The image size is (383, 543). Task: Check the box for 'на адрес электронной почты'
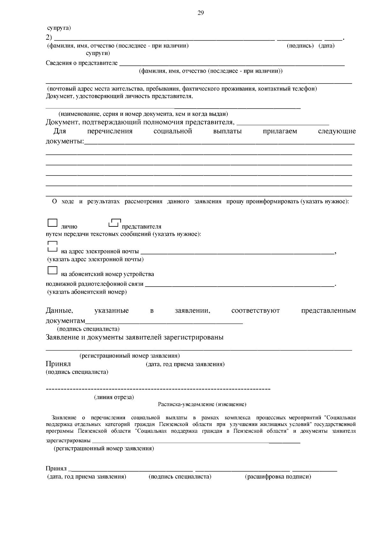coord(52,246)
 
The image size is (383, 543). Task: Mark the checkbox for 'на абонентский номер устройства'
coord(52,271)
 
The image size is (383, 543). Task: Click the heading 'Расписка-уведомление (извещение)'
coord(202,404)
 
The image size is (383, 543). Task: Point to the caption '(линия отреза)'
coord(114,397)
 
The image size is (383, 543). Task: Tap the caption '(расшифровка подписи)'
coord(278,477)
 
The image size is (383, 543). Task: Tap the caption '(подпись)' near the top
coord(300,46)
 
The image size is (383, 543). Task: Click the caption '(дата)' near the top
coord(327,46)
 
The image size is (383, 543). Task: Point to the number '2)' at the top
coord(49,37)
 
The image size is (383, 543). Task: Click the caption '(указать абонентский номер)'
coord(87,292)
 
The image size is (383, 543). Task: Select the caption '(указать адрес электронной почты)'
coord(95,259)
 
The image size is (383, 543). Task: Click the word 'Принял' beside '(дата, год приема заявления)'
coord(58,364)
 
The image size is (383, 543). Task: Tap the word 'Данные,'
coord(59,311)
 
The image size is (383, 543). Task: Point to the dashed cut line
coord(158,389)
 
